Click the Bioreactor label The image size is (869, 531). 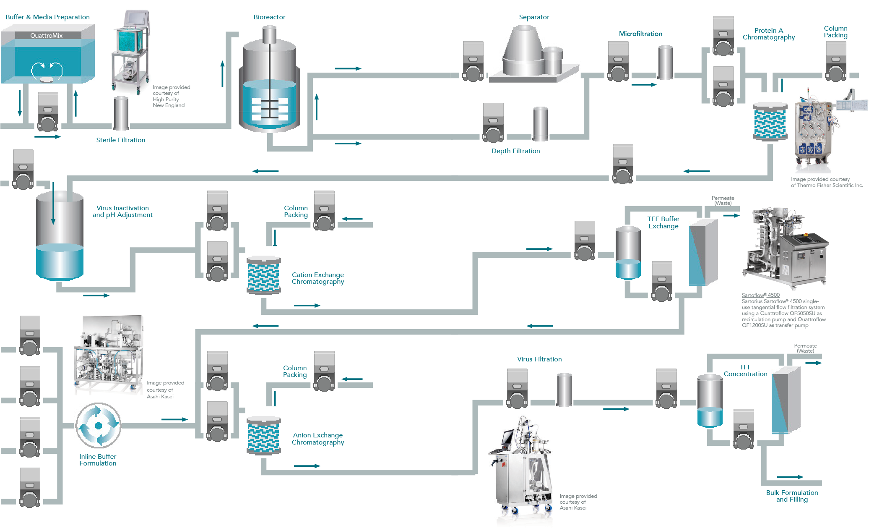click(269, 17)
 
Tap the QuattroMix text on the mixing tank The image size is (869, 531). click(46, 36)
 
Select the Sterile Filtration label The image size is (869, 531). click(121, 140)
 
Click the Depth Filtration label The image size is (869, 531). click(515, 151)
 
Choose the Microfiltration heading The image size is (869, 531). click(640, 34)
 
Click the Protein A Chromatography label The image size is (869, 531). click(768, 34)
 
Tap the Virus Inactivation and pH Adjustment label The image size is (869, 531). click(122, 212)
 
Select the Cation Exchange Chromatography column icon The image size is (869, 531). click(263, 275)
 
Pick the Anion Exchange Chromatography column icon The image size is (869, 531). click(263, 436)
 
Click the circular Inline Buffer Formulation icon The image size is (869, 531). click(99, 425)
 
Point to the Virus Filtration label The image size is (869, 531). click(539, 359)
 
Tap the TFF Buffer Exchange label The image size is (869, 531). click(663, 222)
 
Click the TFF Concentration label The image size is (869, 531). click(745, 371)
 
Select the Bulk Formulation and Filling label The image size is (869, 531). click(792, 496)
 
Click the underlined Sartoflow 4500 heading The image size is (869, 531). click(760, 295)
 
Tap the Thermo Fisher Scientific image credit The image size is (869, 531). click(827, 182)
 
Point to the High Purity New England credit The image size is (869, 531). click(171, 97)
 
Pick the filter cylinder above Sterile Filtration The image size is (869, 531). click(121, 113)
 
